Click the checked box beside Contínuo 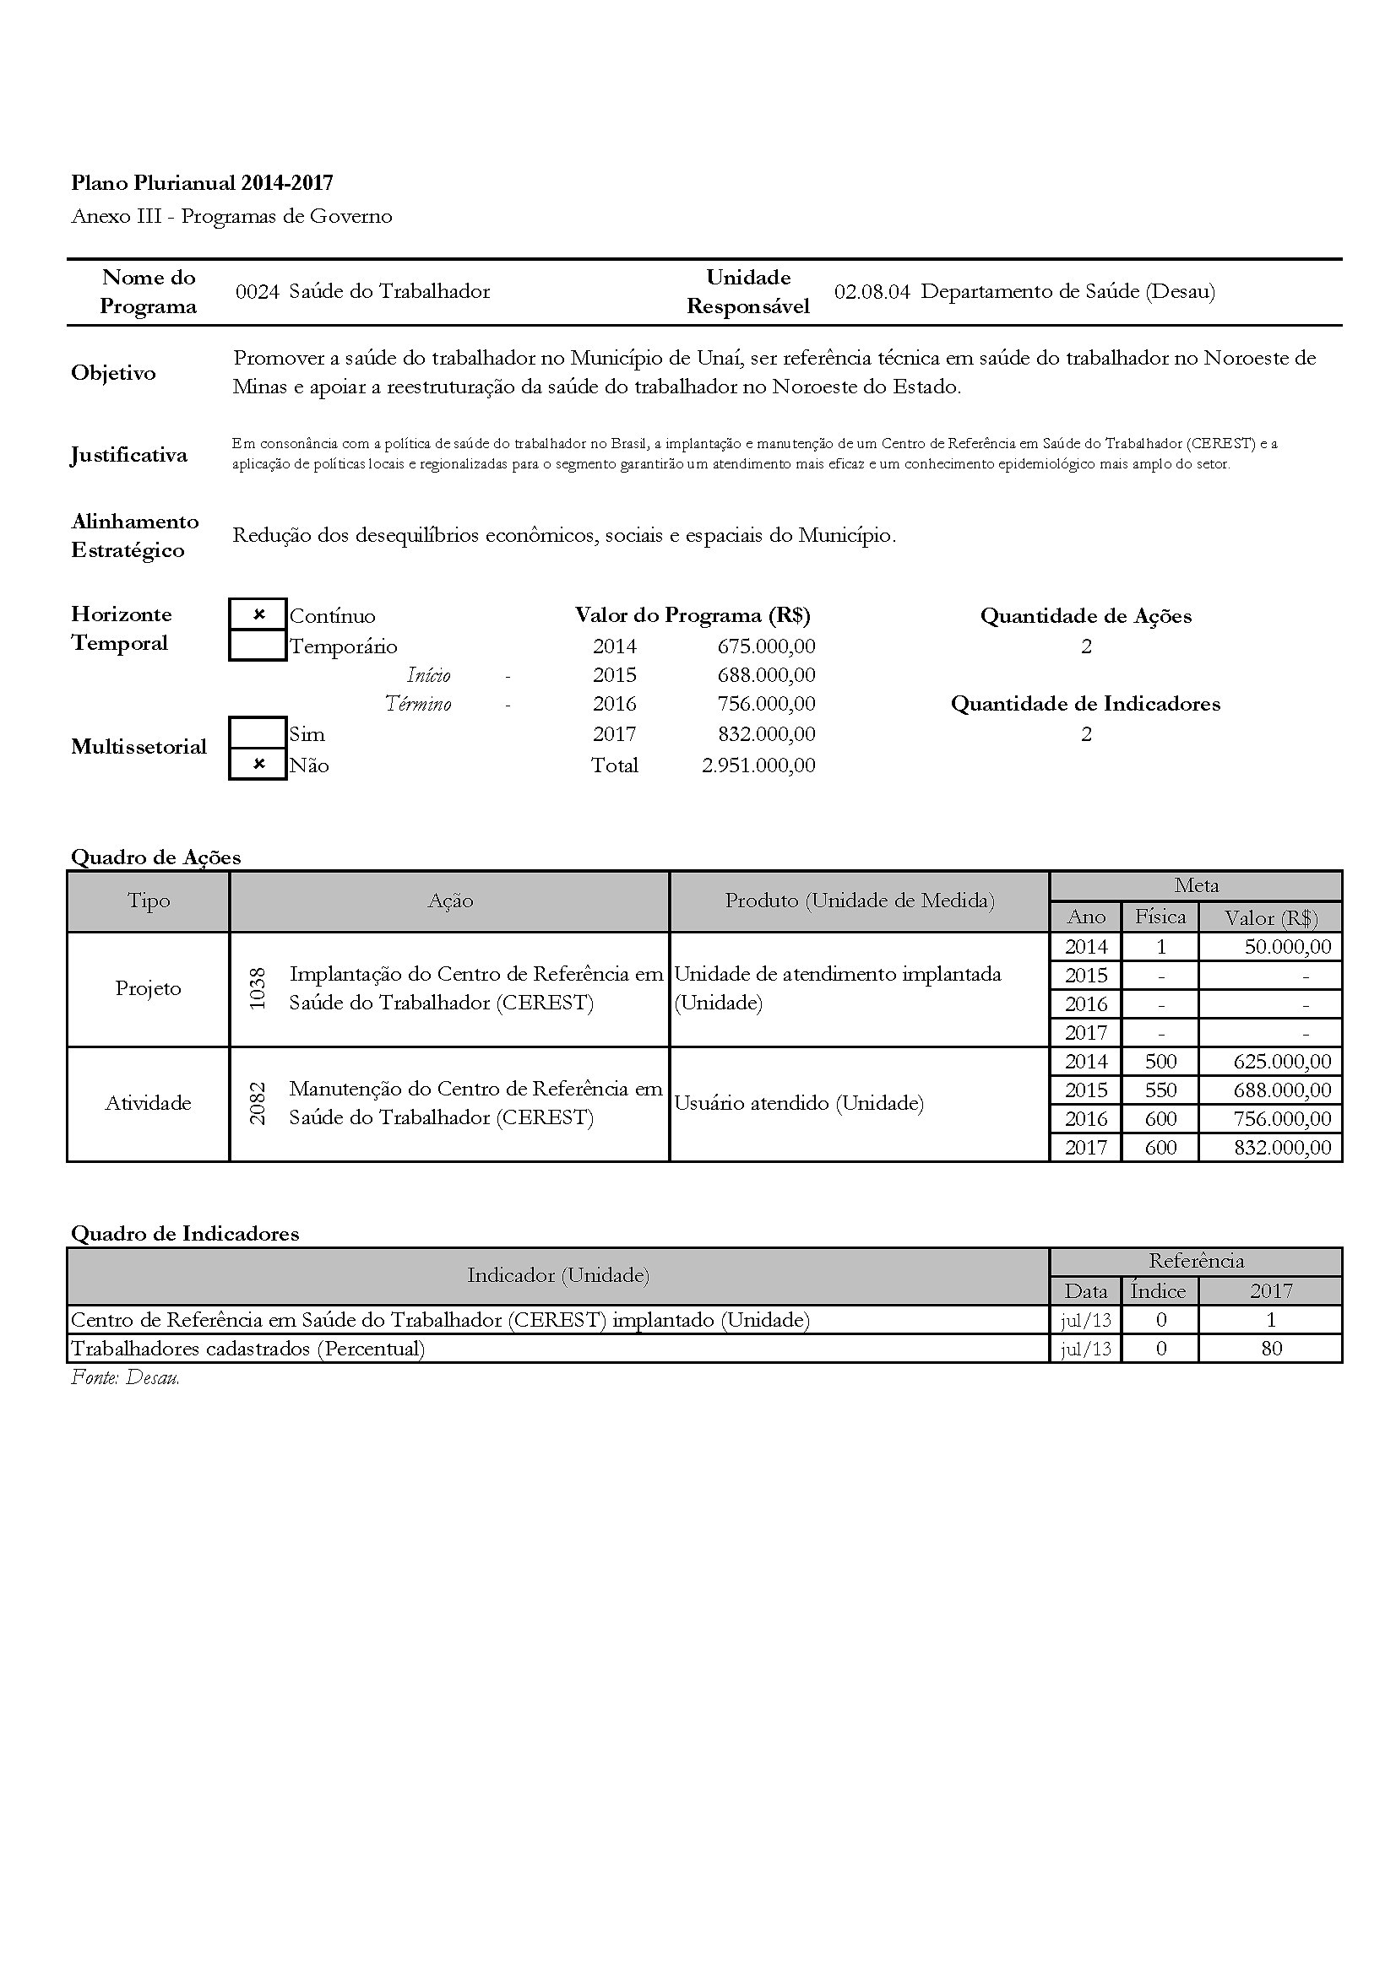[258, 614]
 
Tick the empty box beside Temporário [258, 645]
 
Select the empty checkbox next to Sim [258, 733]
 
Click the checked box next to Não [258, 764]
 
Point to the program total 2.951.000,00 [758, 765]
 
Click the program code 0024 [258, 291]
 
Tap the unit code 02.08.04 [872, 291]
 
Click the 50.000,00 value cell [1287, 947]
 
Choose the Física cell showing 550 [1160, 1090]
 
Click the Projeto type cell [148, 989]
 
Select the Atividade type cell [148, 1103]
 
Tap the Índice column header [1158, 1290]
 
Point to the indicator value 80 [1271, 1348]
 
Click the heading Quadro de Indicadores [185, 1234]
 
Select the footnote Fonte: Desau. [126, 1377]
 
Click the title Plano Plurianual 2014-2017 [202, 182]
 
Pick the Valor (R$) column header [1270, 918]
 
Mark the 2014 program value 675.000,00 [765, 646]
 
